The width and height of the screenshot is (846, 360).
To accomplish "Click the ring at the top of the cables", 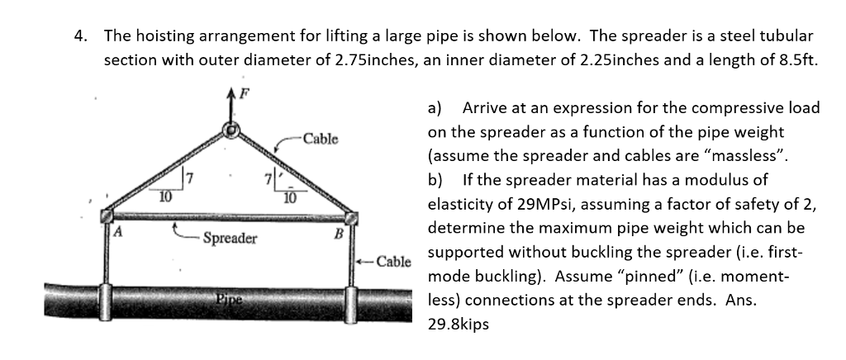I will (233, 130).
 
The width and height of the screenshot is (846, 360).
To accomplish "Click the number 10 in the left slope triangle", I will (166, 196).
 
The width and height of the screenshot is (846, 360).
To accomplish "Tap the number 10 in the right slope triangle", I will (289, 196).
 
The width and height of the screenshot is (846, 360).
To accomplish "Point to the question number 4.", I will (79, 36).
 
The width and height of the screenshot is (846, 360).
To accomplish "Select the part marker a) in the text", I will (435, 108).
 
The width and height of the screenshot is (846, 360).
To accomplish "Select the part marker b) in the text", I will (435, 179).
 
